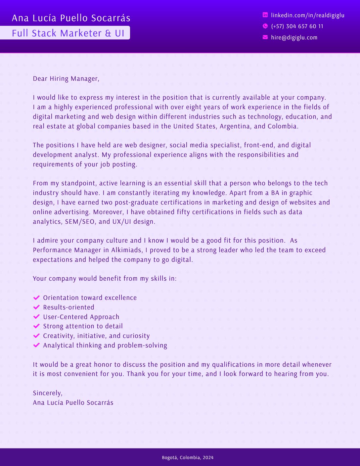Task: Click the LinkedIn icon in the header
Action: tap(265, 15)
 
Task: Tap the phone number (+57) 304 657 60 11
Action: tap(297, 26)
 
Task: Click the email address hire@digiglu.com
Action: tap(294, 37)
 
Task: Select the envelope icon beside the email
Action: tap(265, 37)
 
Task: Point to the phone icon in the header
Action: tap(265, 26)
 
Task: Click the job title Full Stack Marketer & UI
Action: tap(68, 33)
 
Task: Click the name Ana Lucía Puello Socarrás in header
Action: tap(71, 18)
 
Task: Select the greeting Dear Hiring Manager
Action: tap(66, 78)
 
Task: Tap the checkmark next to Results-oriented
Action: tap(37, 307)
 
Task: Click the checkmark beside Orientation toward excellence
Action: tap(37, 298)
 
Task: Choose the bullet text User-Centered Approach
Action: tap(81, 317)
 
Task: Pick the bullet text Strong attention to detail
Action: tap(83, 326)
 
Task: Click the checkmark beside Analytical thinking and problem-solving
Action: tap(37, 345)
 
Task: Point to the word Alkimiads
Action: tap(127, 250)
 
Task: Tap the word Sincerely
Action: tap(47, 393)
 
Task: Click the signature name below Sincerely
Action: tap(73, 402)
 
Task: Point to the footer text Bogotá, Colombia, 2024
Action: tap(188, 457)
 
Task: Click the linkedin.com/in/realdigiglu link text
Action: tap(307, 15)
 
